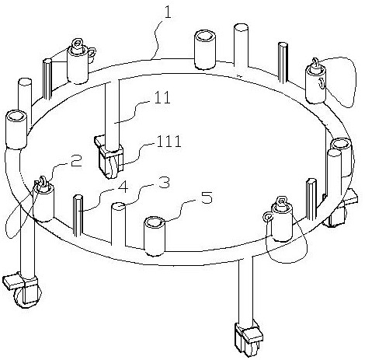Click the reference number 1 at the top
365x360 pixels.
(x=168, y=12)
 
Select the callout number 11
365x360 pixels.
(x=162, y=97)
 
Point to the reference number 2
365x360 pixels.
(x=76, y=161)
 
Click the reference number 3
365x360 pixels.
(x=164, y=183)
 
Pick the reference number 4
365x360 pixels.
(x=123, y=187)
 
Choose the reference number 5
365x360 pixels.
(x=207, y=198)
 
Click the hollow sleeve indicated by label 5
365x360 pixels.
(x=155, y=236)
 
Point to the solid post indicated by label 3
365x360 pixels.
(x=118, y=224)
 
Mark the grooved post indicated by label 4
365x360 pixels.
(x=78, y=216)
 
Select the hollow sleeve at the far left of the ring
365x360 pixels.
(x=16, y=130)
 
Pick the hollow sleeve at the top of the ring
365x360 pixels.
(x=205, y=50)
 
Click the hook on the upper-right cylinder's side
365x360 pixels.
(x=322, y=83)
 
